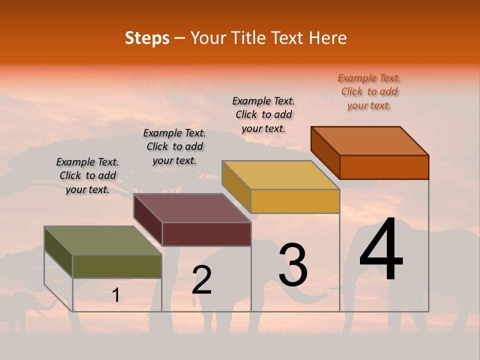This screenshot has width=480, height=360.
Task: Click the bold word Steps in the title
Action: coord(147,38)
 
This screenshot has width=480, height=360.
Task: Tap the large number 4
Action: coord(381,250)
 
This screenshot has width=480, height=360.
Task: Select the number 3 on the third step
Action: coord(293,265)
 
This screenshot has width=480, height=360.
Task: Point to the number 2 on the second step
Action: coord(202,280)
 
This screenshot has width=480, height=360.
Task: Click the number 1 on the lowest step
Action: coord(115,295)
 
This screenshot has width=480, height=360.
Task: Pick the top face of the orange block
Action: coord(370,141)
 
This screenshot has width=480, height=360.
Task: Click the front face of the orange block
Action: coord(384,167)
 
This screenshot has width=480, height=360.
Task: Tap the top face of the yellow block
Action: coord(281,175)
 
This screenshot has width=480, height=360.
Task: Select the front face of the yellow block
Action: coord(295,201)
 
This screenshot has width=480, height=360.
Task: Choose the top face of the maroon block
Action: coord(192,208)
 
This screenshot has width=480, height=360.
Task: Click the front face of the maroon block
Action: coord(206,234)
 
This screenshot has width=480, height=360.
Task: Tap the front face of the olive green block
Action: coord(117,266)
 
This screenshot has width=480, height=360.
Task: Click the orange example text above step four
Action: coord(369,91)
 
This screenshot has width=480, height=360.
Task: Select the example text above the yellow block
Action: coord(263,114)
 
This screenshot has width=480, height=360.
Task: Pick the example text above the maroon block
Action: coord(174,146)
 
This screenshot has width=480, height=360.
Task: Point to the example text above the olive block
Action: coord(87,175)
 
